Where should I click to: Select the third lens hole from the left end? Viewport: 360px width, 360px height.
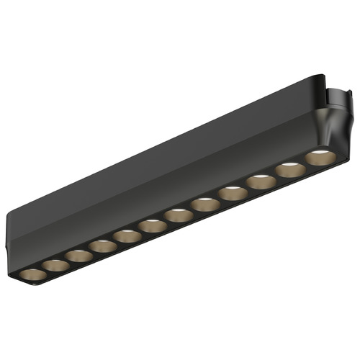click(x=77, y=256)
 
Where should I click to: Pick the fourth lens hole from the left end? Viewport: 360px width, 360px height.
click(x=102, y=246)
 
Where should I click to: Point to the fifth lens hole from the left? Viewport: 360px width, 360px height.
click(x=126, y=236)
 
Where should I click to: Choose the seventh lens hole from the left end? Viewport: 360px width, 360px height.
click(x=178, y=215)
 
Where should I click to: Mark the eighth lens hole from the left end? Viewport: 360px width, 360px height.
click(x=205, y=204)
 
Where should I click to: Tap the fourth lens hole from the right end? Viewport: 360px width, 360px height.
click(x=233, y=193)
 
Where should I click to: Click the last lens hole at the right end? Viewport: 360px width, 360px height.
click(x=319, y=158)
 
